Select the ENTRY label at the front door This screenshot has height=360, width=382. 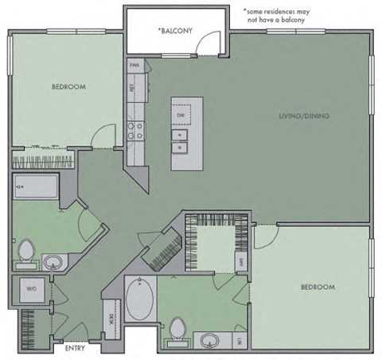point(76,348)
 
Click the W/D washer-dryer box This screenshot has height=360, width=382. point(33,289)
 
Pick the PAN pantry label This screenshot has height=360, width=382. point(134,65)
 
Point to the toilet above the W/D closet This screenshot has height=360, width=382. point(26,251)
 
